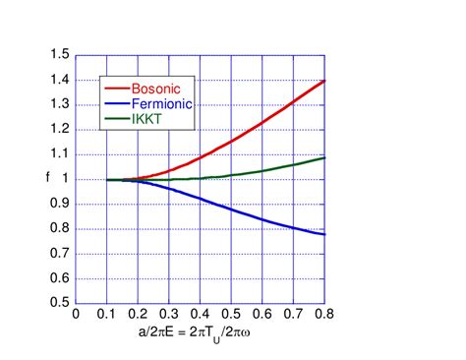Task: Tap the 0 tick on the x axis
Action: (75, 316)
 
